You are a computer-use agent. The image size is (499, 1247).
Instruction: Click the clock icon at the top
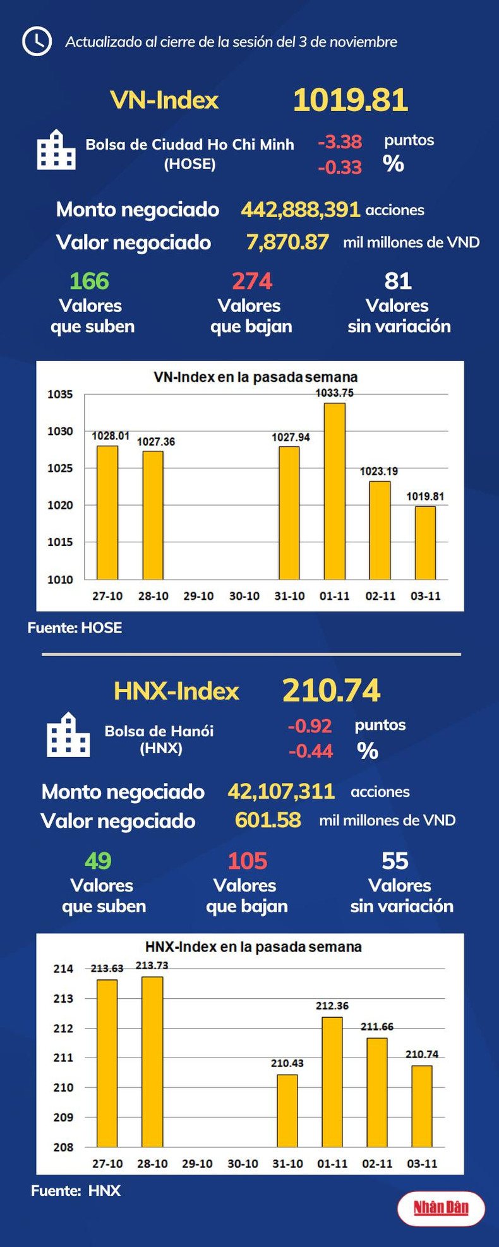point(37,42)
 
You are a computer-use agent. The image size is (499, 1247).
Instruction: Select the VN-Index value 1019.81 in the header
point(350,100)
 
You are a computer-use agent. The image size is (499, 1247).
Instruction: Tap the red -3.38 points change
point(340,142)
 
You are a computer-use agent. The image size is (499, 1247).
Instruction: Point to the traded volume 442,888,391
point(301,210)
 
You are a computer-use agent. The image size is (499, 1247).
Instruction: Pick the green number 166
point(89,281)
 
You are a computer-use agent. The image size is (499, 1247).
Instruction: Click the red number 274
point(251,281)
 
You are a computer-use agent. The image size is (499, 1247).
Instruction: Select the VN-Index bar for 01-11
point(334,491)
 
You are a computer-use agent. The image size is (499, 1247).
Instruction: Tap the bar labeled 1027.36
point(153,515)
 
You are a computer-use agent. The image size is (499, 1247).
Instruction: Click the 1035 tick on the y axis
point(61,395)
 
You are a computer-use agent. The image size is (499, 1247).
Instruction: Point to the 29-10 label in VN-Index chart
point(198,596)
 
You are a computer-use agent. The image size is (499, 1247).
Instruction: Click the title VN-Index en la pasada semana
point(255,377)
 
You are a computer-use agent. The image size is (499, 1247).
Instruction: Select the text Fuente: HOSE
point(75,628)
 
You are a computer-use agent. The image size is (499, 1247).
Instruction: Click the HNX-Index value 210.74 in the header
point(331,691)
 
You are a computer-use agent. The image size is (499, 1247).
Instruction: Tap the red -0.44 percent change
point(311,751)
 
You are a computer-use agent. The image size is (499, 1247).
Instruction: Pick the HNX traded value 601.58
point(268,820)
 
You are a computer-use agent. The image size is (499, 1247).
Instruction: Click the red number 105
point(247,861)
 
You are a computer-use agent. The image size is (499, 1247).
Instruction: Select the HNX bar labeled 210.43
point(287,1111)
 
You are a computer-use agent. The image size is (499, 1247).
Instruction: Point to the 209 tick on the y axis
point(63,1118)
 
